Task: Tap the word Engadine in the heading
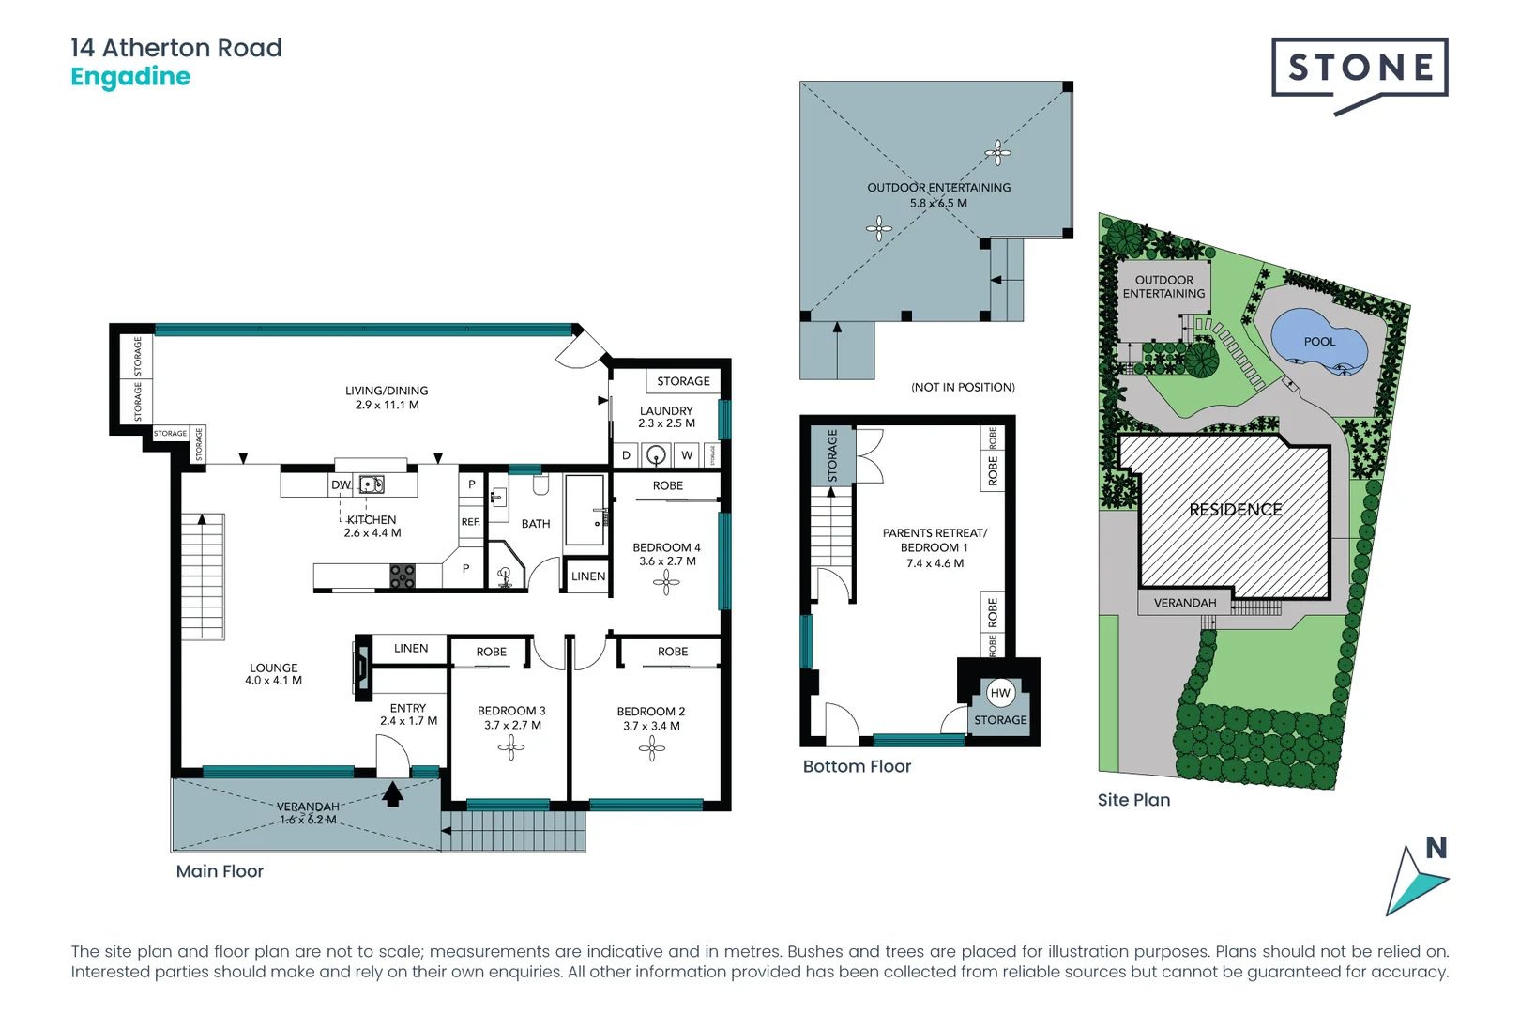tap(130, 77)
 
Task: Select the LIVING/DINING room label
tap(387, 391)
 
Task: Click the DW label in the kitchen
tap(341, 484)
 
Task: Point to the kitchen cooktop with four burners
tap(403, 576)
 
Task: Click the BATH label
tap(536, 524)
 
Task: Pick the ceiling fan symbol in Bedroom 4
tap(666, 583)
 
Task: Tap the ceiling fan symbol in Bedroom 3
tap(511, 747)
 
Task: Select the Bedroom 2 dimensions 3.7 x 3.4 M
tap(651, 726)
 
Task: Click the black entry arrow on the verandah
tap(393, 794)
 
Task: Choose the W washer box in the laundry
tap(687, 455)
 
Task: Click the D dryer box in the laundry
tap(626, 455)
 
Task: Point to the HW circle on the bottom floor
tap(1000, 693)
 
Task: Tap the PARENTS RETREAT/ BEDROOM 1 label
tap(935, 540)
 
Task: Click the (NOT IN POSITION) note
tap(963, 387)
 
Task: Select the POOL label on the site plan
tap(1319, 342)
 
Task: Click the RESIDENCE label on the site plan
tap(1235, 510)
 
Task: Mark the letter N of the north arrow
tap(1436, 848)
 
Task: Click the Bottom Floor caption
tap(857, 766)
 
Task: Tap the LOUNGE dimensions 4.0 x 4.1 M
tap(273, 681)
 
